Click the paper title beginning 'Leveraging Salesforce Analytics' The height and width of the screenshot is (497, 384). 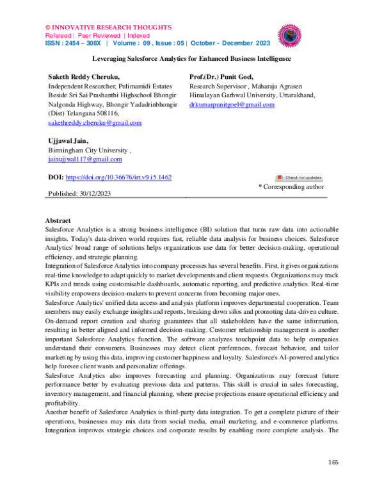(x=191, y=58)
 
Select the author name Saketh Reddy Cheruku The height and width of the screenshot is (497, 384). (x=84, y=76)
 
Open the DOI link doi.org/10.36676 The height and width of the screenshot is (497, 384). (x=118, y=177)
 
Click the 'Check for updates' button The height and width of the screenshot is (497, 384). (x=300, y=177)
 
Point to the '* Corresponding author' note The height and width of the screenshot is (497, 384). (x=291, y=187)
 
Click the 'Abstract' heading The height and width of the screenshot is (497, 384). (x=61, y=220)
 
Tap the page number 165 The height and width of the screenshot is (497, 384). (x=333, y=462)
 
